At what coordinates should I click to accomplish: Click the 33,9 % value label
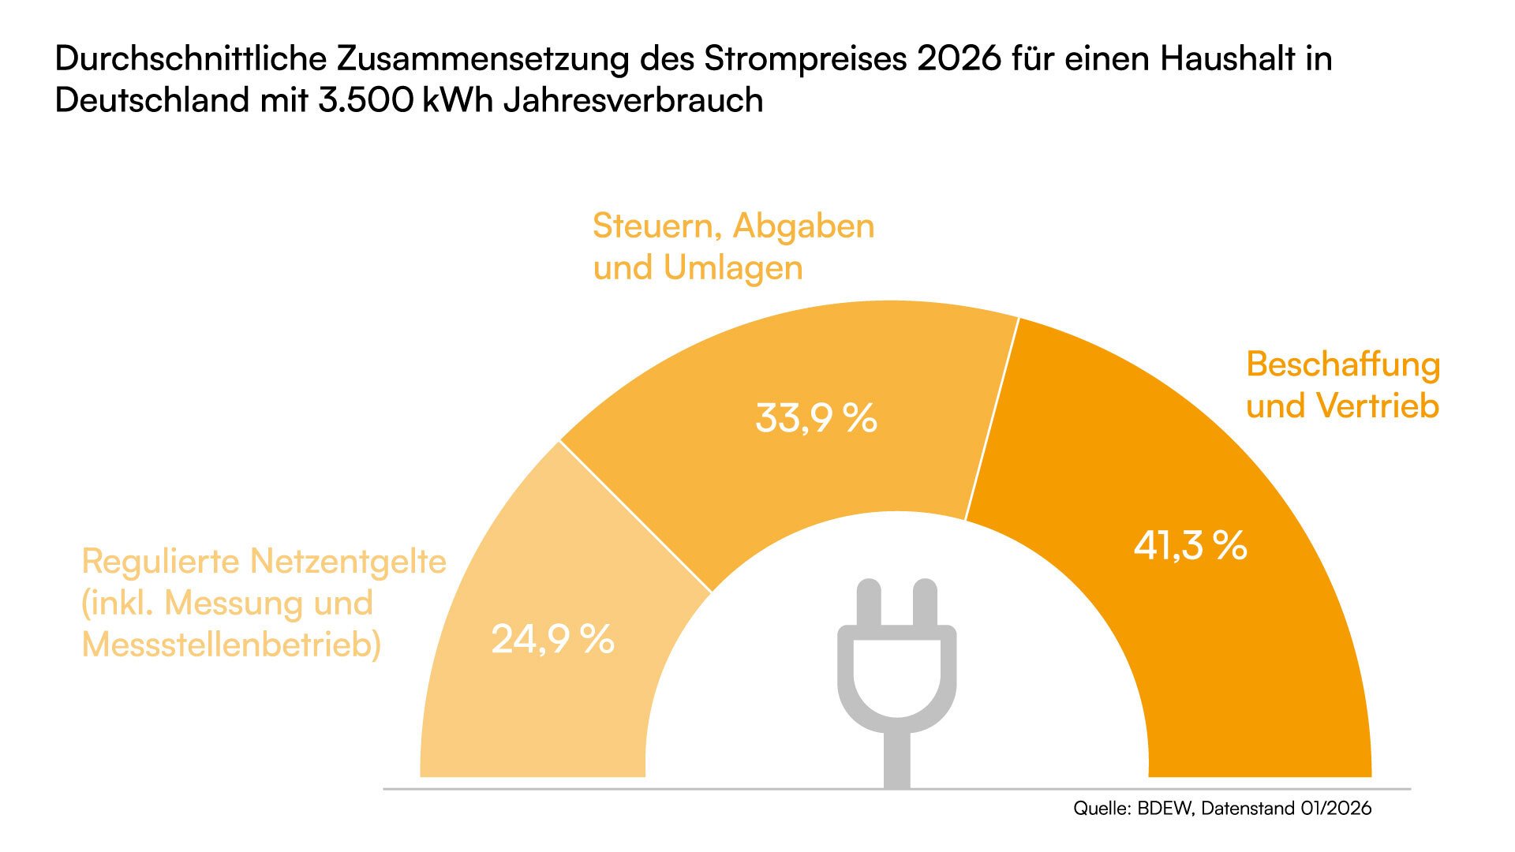tap(816, 418)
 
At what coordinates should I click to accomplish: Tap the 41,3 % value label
tap(1190, 545)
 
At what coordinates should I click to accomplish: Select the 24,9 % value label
tap(552, 639)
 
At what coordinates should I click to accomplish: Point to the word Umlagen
tap(733, 268)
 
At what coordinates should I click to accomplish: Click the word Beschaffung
tap(1343, 364)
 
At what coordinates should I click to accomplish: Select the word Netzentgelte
tap(348, 562)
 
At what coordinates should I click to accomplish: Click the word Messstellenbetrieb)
tap(231, 645)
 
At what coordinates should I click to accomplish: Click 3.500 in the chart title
tap(366, 101)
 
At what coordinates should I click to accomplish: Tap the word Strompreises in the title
tap(806, 59)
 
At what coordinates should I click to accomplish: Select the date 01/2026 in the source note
tap(1334, 809)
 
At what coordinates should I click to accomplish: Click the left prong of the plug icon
tap(869, 603)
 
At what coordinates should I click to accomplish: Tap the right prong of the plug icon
tap(925, 603)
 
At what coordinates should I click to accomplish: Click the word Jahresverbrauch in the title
tap(633, 101)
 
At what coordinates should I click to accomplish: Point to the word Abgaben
tap(803, 226)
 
